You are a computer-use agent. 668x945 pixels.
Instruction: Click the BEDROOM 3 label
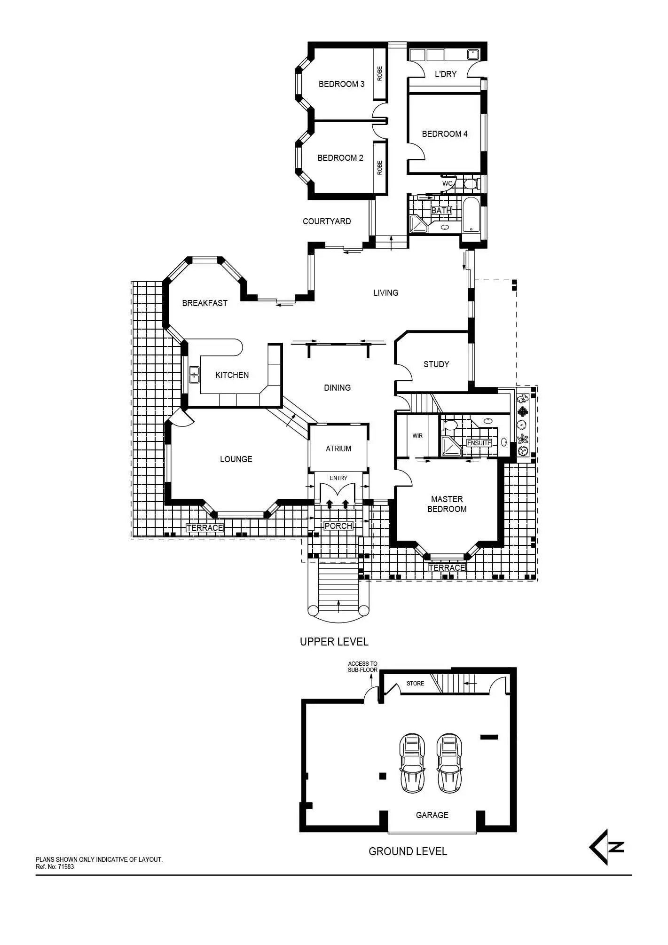tap(341, 84)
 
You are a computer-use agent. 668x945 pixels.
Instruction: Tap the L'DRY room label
tap(445, 74)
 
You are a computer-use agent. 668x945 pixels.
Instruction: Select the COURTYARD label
tap(327, 221)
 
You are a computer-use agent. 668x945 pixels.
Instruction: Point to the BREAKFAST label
tap(204, 303)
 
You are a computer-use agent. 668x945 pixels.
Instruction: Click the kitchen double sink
tap(194, 375)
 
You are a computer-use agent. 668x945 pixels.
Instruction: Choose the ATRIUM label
tap(338, 449)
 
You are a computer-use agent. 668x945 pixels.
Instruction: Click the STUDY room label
tap(436, 364)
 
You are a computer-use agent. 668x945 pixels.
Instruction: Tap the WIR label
tap(417, 436)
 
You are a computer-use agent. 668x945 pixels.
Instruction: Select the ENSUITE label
tap(479, 443)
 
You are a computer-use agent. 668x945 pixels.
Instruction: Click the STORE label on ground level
tap(415, 684)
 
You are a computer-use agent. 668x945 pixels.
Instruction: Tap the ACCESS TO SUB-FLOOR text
tap(362, 667)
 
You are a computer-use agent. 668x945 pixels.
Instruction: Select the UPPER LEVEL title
tap(334, 641)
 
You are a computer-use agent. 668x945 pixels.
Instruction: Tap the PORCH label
tap(338, 526)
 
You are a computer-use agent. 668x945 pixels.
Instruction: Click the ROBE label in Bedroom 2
tap(380, 168)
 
